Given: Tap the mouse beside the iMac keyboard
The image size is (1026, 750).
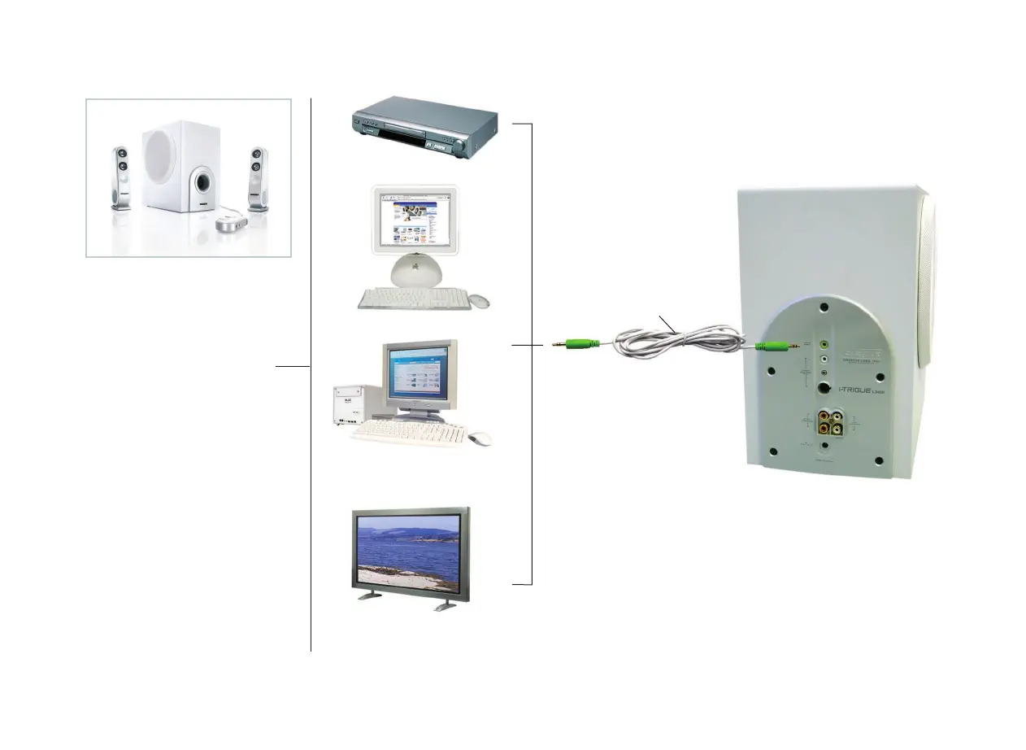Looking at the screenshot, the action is point(479,301).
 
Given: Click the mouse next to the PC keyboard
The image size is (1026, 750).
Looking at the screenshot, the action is point(480,438).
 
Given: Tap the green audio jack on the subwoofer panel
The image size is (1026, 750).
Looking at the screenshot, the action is point(824,345).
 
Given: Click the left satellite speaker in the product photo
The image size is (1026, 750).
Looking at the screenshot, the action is point(120,177).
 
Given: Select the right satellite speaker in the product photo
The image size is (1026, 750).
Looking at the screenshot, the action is point(259,178).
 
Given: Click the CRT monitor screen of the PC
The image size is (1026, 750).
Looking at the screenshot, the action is point(418,376).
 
